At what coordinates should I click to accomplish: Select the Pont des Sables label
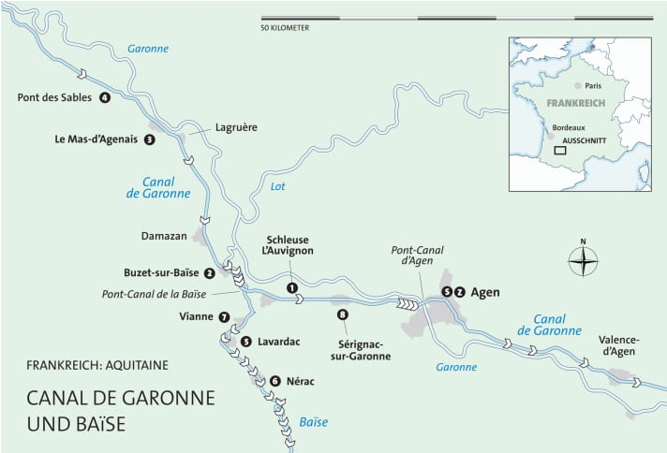(54, 97)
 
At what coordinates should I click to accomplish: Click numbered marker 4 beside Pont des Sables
(104, 97)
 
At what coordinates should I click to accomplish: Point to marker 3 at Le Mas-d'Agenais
(149, 139)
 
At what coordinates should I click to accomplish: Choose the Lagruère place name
(235, 126)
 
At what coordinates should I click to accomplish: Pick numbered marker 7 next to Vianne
(223, 317)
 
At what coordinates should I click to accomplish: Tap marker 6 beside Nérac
(274, 381)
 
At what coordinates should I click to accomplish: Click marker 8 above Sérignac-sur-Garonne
(342, 314)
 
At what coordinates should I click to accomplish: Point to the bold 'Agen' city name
(484, 292)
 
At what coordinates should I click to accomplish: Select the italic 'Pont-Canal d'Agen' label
(419, 256)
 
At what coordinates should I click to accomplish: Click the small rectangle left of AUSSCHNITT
(559, 149)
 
